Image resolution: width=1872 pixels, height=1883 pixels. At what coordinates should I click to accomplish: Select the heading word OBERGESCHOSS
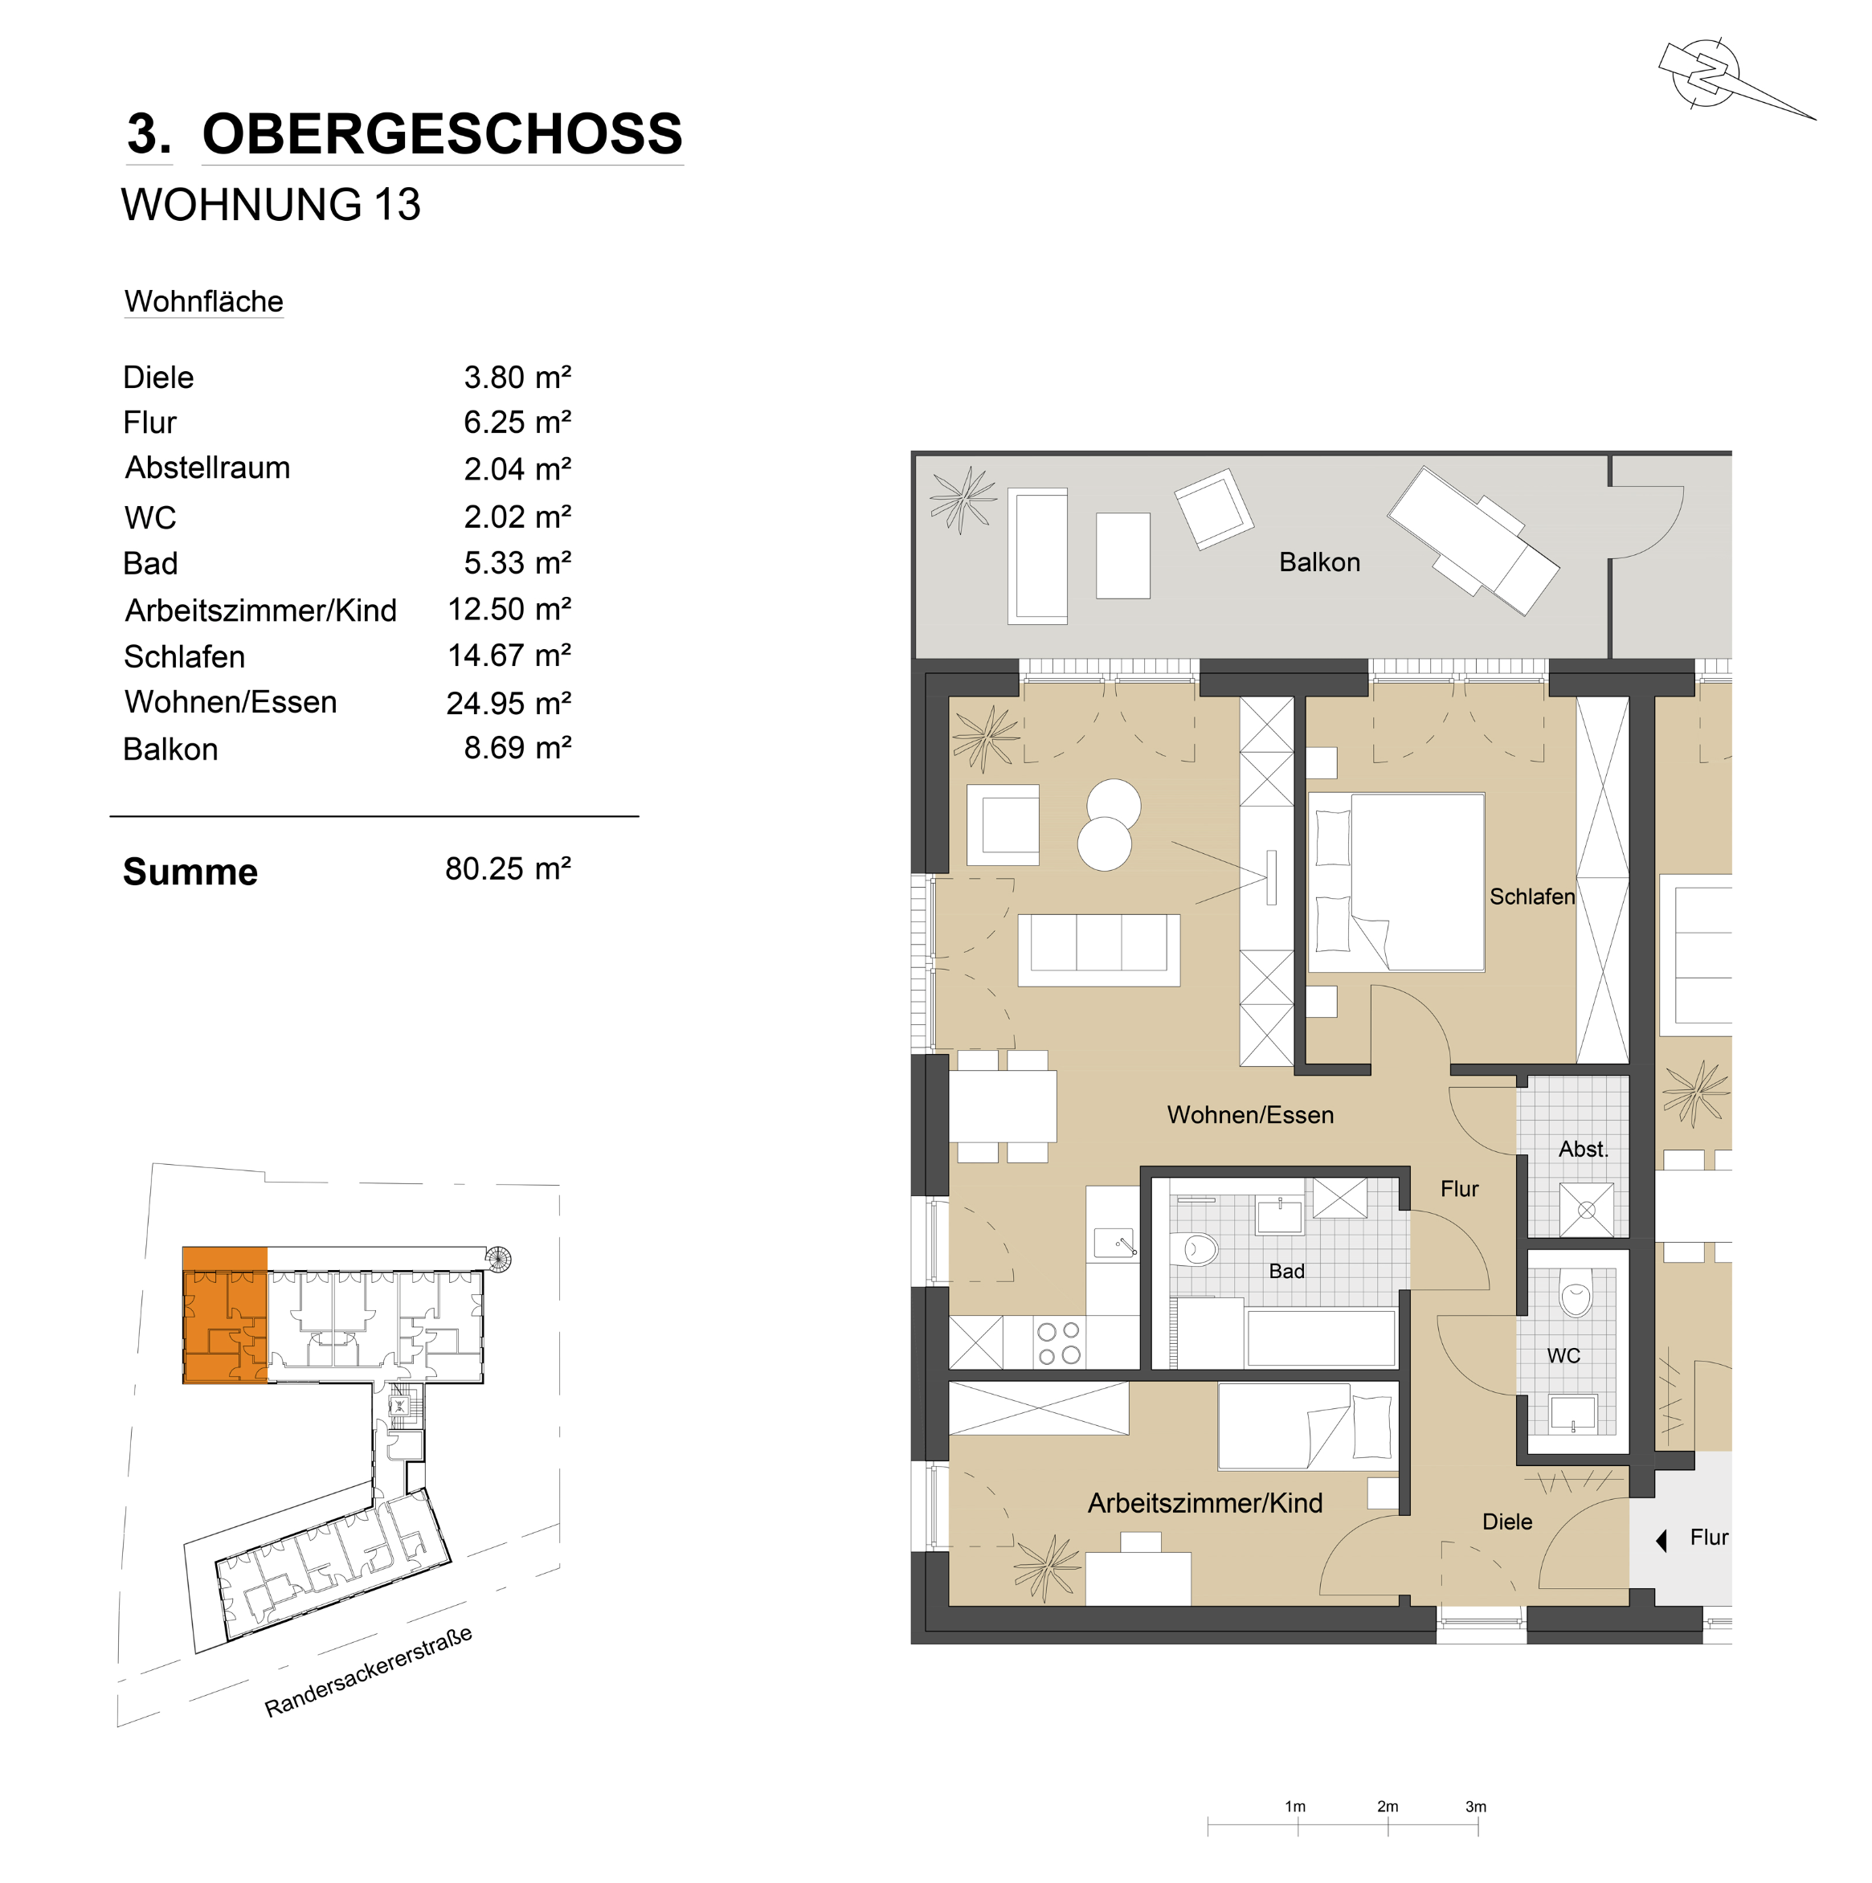[x=442, y=133]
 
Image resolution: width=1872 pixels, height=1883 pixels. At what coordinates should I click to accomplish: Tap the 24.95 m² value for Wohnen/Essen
[x=508, y=703]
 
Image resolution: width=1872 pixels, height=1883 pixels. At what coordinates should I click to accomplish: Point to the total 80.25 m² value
[x=508, y=868]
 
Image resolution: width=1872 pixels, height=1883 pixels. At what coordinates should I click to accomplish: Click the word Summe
[x=190, y=872]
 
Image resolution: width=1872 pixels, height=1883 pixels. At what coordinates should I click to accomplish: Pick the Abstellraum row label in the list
[x=207, y=468]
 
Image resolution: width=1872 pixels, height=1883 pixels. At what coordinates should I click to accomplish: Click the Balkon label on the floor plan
[x=1319, y=562]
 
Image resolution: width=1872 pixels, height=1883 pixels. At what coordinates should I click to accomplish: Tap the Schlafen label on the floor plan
[x=1531, y=897]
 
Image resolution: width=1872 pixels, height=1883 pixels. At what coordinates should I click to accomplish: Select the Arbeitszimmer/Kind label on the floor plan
[x=1205, y=1503]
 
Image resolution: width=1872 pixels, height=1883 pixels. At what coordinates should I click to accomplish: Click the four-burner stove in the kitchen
[x=1059, y=1342]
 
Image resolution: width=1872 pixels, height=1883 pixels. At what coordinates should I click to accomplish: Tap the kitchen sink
[x=1114, y=1244]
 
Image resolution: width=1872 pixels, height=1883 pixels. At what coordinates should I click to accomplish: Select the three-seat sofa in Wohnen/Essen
[x=1099, y=950]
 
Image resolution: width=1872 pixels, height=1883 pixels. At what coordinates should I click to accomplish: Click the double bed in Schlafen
[x=1396, y=883]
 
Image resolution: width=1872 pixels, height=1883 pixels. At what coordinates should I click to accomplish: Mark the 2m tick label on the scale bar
[x=1388, y=1806]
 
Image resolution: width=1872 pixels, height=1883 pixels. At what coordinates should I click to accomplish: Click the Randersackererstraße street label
[x=369, y=1671]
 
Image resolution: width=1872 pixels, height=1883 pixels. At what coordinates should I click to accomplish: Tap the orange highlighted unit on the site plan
[x=225, y=1315]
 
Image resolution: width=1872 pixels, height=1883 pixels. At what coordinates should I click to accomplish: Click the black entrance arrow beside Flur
[x=1662, y=1540]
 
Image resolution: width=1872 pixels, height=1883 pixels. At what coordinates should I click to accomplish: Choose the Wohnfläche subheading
[x=204, y=301]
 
